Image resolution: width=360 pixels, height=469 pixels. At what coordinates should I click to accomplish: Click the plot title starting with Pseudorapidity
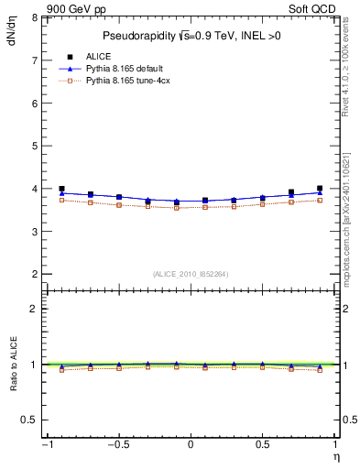[191, 36]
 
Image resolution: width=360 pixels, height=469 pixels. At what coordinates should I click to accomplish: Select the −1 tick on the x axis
[46, 444]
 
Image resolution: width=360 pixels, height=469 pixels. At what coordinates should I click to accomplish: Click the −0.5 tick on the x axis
[117, 444]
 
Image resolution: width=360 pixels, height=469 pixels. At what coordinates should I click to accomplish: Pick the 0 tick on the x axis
[191, 444]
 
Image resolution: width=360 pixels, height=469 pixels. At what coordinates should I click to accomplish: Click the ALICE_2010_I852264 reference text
[190, 274]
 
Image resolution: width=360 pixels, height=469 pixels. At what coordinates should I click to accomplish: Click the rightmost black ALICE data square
[320, 189]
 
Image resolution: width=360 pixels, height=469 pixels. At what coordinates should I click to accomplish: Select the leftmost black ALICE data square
[62, 189]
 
